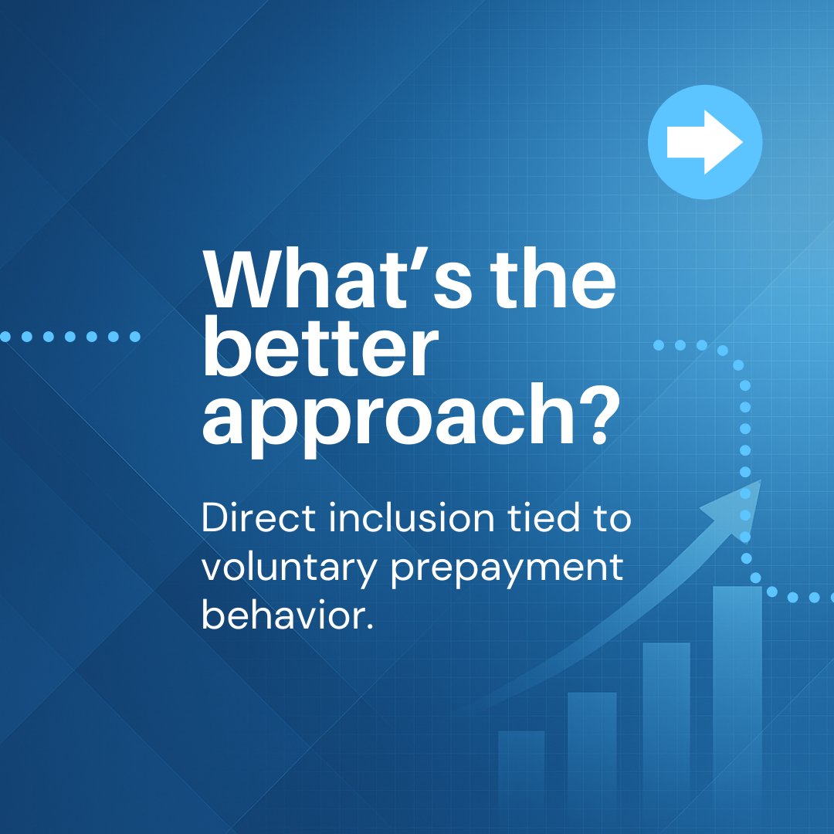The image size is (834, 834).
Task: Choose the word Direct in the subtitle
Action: (x=259, y=518)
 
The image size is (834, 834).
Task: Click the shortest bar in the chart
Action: (x=521, y=780)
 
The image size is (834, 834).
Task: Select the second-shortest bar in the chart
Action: (x=592, y=761)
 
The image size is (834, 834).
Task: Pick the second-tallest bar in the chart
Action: (x=666, y=734)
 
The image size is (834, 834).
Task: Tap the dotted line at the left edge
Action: (x=69, y=336)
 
